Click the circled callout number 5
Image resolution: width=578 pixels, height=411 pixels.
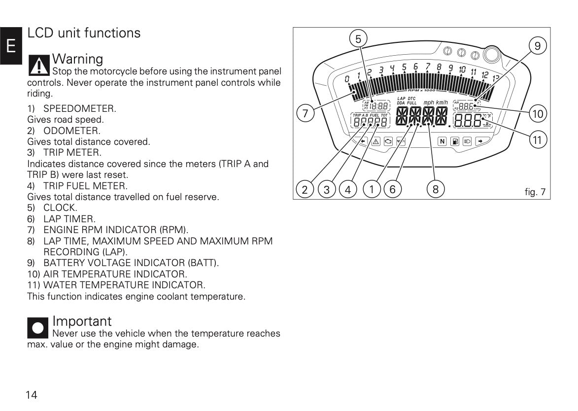pos(358,38)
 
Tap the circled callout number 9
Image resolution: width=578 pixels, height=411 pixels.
pos(537,46)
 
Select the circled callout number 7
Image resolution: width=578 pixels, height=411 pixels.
pos(306,114)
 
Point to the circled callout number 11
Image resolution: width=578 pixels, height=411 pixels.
pos(537,140)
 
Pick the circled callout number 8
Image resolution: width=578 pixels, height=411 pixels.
pos(436,189)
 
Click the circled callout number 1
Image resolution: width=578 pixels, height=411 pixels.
pos(371,189)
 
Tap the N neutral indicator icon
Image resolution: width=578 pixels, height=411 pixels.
pos(442,141)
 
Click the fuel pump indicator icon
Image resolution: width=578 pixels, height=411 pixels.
pos(455,141)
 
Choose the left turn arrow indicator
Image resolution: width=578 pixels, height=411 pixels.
pos(363,141)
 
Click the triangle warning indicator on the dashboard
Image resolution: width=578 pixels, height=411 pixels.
pos(375,141)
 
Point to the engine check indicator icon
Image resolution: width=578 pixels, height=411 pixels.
pos(388,141)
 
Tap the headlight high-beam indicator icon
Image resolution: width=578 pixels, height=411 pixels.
pos(467,141)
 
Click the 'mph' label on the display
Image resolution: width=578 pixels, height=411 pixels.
pos(429,103)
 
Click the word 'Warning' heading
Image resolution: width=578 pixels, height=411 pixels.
pos(78,59)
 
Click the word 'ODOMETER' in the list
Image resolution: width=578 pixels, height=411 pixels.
pos(71,131)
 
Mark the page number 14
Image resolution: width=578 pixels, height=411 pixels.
pos(32,395)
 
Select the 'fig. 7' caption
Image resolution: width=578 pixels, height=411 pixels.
pos(535,192)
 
